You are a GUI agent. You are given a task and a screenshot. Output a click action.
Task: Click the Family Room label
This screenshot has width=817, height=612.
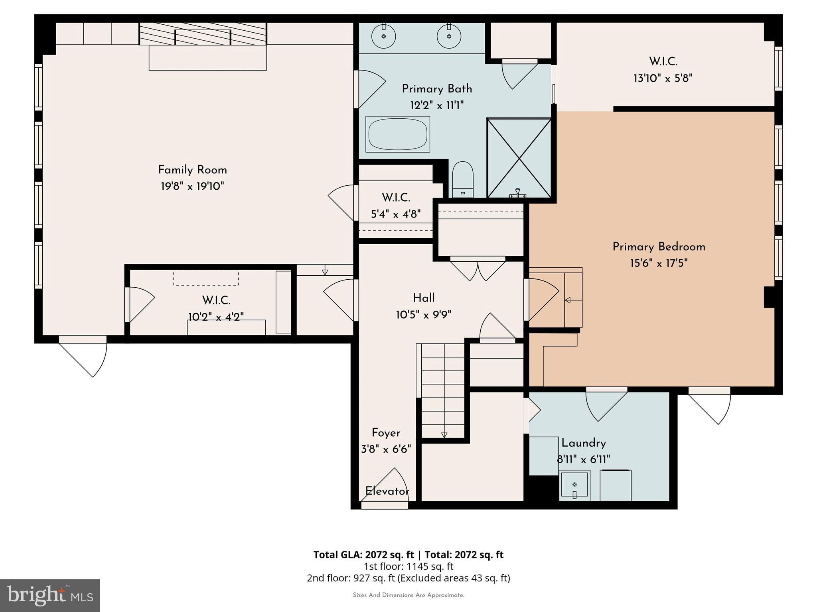click(x=193, y=170)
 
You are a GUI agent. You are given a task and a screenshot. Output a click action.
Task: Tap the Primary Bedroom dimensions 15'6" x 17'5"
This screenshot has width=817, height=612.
click(x=659, y=263)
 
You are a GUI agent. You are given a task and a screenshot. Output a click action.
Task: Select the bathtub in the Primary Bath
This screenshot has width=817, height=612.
click(x=398, y=134)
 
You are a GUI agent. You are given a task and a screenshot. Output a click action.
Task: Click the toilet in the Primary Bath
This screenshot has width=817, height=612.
click(x=463, y=180)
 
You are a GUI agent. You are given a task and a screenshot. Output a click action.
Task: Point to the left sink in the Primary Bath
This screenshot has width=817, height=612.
click(x=383, y=36)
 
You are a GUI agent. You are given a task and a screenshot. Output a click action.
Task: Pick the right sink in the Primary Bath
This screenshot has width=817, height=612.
click(x=449, y=36)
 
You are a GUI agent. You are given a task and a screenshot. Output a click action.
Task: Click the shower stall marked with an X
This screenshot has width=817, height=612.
click(x=519, y=158)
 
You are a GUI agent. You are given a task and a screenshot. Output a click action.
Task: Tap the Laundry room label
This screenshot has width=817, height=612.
click(x=584, y=443)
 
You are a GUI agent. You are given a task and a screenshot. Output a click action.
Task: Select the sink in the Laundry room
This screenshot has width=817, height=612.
click(x=574, y=485)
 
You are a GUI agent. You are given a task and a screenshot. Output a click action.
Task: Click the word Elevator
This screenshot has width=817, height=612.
click(x=387, y=491)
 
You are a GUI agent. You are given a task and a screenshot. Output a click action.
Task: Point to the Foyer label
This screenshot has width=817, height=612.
click(x=386, y=433)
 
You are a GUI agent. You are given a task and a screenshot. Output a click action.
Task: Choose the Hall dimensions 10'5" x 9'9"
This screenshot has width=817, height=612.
click(x=424, y=315)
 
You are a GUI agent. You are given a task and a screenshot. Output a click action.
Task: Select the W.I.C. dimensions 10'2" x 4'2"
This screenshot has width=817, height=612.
click(x=216, y=317)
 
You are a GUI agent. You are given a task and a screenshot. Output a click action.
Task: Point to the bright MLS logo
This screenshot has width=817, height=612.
click(x=50, y=596)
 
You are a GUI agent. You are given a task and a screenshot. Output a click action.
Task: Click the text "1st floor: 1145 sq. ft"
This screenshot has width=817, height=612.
click(x=408, y=567)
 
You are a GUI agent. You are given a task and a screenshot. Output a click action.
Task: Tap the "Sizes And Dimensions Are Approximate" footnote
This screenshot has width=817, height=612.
click(x=408, y=595)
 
